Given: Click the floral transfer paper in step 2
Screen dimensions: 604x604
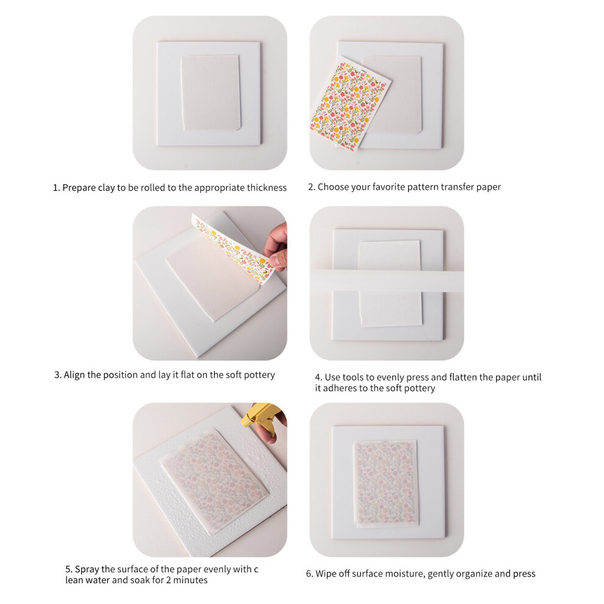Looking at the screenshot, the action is click(x=351, y=103).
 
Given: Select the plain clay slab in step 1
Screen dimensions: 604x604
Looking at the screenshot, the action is click(x=211, y=93).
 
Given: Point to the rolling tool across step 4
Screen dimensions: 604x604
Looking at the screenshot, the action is click(x=387, y=284).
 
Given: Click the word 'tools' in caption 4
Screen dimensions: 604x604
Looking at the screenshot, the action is click(x=353, y=377).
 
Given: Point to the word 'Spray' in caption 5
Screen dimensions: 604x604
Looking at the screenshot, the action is click(x=87, y=569).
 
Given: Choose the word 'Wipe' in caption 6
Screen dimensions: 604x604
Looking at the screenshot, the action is click(x=326, y=574).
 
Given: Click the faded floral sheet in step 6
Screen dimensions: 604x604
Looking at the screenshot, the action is click(x=386, y=484).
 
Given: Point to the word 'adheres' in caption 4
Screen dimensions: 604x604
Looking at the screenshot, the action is click(x=339, y=388).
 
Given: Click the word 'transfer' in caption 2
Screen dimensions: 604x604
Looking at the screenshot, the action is click(x=457, y=187).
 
